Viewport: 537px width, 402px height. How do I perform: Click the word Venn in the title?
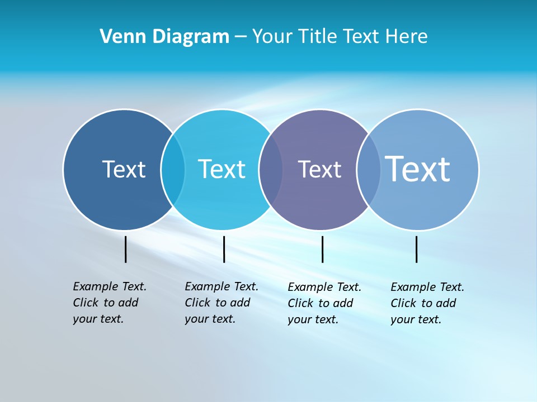point(117,37)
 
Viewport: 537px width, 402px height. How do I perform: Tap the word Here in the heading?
point(406,37)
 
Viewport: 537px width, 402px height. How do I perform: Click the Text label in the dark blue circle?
point(124,169)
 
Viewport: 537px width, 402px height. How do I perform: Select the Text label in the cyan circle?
point(222,169)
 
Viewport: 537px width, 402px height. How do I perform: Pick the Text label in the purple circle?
point(319,169)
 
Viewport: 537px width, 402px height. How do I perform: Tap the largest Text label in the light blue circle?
point(417,169)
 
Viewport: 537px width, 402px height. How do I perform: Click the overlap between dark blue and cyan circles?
point(173,170)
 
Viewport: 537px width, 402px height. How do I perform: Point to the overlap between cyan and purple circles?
point(271,170)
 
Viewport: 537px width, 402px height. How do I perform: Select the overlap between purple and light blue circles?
point(369,170)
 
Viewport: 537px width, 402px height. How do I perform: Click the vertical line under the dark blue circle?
point(126,249)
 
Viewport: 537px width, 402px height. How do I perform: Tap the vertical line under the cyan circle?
point(224,249)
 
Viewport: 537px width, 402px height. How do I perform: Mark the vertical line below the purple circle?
point(322,249)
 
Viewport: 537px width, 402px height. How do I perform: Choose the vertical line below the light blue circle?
point(416,249)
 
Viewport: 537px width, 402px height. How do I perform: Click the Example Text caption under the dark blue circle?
point(109,303)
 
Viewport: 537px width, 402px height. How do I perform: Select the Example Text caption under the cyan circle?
point(221,303)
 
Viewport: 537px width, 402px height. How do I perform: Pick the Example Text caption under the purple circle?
point(324,303)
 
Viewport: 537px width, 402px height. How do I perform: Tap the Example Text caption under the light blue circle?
point(427,303)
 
